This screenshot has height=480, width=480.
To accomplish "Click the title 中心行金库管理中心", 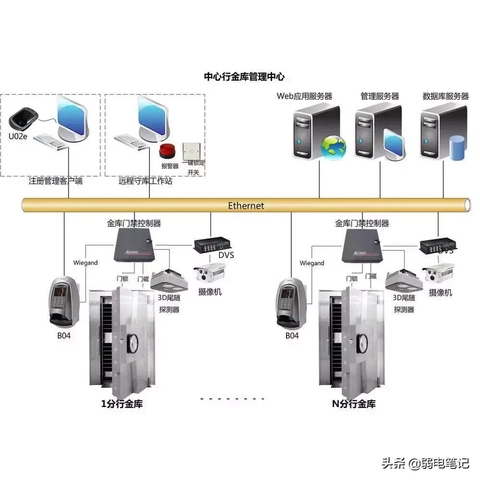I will coord(244,76).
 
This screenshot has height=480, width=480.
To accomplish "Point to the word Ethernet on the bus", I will coord(246,205).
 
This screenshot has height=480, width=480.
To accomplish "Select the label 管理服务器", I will coord(380,96).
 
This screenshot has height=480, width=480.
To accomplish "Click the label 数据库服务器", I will coord(445,96).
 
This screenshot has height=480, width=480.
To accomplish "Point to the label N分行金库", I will coord(354,404).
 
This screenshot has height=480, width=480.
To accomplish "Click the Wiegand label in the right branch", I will coord(312,263).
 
